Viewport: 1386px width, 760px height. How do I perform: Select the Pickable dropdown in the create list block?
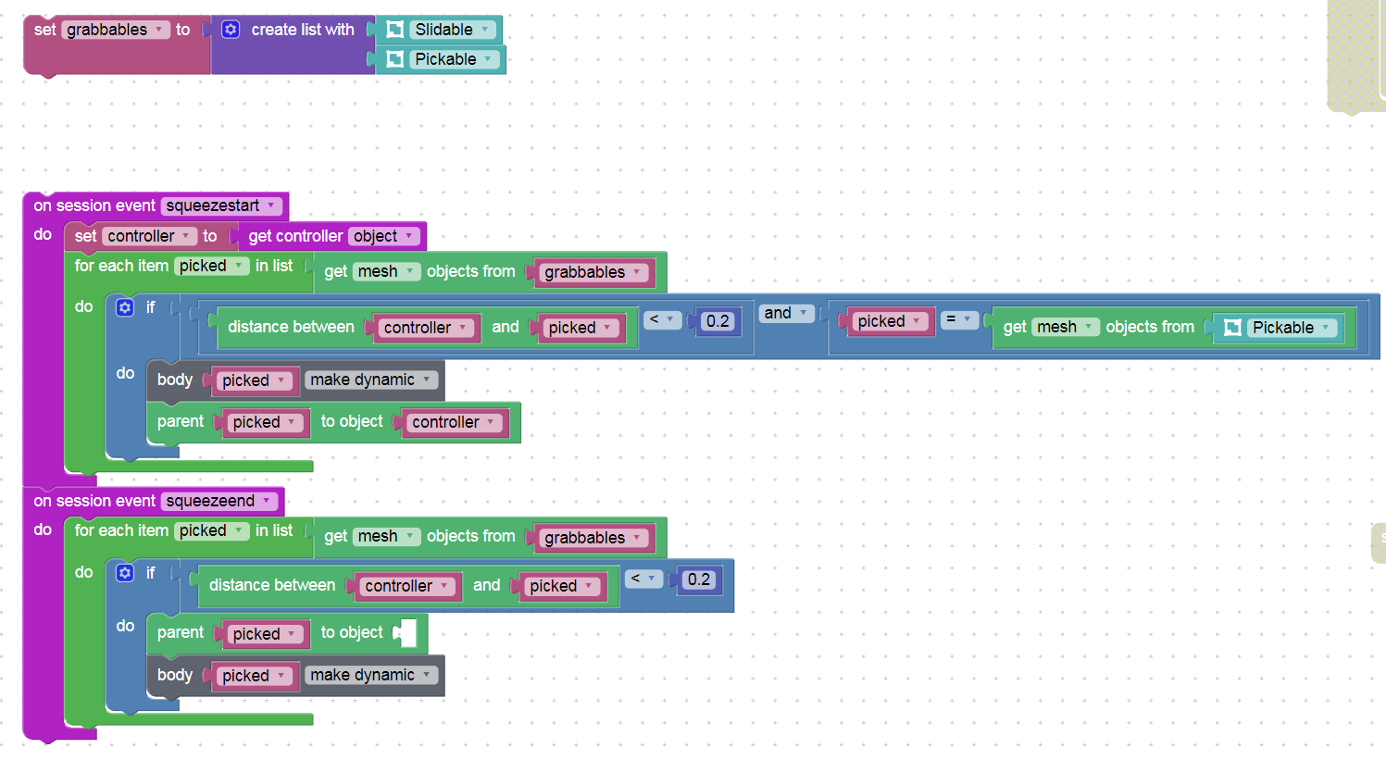tap(455, 59)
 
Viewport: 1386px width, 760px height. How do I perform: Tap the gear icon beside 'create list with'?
tap(231, 29)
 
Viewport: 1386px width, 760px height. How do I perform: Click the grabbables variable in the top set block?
tap(115, 29)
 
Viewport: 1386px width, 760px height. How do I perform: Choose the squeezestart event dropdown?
tap(221, 206)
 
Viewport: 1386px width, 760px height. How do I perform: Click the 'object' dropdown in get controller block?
tap(383, 236)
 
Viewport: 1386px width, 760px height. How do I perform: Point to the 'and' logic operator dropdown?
tap(786, 313)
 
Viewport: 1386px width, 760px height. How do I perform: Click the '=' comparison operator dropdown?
tap(958, 320)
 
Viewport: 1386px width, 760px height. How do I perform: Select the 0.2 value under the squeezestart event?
tap(718, 320)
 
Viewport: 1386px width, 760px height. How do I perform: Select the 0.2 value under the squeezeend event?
tap(699, 579)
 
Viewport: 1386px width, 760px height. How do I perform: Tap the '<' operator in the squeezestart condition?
tap(661, 320)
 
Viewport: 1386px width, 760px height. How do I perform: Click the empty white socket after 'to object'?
tap(407, 632)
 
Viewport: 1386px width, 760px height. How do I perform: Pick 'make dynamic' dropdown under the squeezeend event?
tap(370, 675)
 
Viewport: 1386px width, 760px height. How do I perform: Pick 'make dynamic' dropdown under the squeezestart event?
tap(370, 380)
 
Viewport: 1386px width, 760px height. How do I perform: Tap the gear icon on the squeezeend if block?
tap(124, 573)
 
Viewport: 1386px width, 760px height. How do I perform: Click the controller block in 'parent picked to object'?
tap(455, 422)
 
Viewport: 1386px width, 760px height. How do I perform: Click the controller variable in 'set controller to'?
tap(149, 236)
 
